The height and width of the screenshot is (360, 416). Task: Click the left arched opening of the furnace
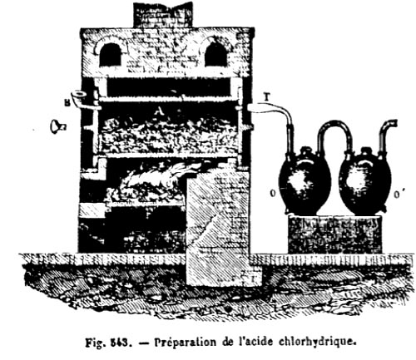(x=110, y=55)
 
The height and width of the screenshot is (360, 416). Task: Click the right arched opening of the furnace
(x=215, y=54)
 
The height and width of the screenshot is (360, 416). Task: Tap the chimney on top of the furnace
(x=163, y=15)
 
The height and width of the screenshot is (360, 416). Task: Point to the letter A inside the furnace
(x=158, y=111)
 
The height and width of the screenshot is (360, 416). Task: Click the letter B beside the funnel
(x=67, y=104)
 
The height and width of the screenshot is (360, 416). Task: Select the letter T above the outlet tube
(x=266, y=97)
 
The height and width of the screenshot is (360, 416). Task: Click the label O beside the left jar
(x=273, y=194)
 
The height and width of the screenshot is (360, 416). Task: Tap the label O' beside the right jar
(x=399, y=195)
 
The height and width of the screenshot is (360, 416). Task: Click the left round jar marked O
(x=305, y=180)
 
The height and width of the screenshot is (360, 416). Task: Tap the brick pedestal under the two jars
(x=334, y=234)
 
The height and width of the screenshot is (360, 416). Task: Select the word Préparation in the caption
(x=184, y=343)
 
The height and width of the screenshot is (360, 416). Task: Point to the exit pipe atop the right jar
(x=387, y=136)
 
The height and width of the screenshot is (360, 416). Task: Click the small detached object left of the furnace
(x=57, y=126)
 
